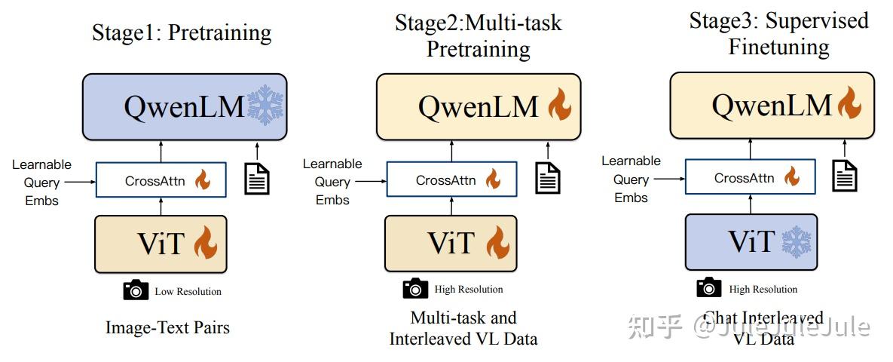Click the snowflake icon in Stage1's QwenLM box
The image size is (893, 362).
point(265,105)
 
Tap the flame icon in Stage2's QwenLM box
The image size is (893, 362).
point(559,105)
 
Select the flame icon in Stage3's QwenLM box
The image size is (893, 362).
point(849,103)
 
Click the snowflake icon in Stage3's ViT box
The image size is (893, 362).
point(796,242)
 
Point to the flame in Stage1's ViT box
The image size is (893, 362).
point(205,243)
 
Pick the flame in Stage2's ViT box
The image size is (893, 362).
point(497,243)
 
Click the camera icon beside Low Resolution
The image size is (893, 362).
point(136,290)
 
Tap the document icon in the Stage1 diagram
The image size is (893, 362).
point(258,177)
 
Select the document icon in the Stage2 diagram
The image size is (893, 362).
point(548,177)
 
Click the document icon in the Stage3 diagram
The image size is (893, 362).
point(846,174)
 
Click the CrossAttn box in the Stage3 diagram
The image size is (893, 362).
point(751,178)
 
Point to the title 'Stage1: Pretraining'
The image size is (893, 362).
point(182,32)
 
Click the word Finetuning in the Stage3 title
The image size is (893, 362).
point(778,47)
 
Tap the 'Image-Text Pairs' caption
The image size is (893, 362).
point(167,327)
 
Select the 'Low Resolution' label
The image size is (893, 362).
point(188,291)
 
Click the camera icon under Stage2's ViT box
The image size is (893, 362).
point(415,289)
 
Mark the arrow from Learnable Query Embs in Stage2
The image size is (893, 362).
point(370,181)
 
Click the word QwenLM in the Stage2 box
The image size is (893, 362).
point(479,106)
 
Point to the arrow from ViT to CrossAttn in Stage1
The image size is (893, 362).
point(162,206)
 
